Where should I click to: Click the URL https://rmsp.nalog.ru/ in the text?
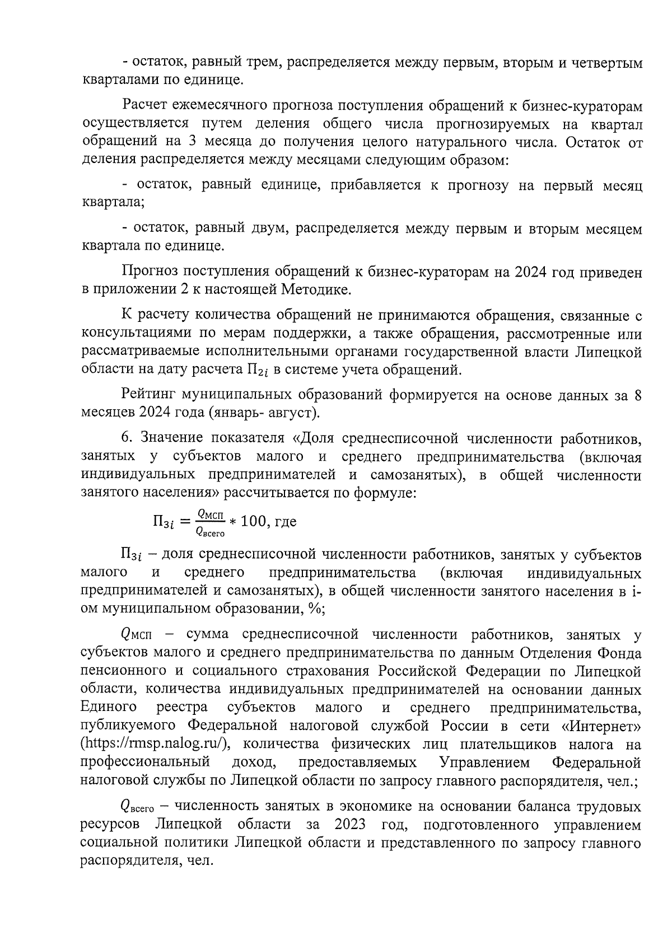pyautogui.click(x=154, y=744)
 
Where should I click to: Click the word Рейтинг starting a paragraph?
pyautogui.click(x=147, y=395)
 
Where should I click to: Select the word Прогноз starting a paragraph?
pyautogui.click(x=148, y=273)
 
